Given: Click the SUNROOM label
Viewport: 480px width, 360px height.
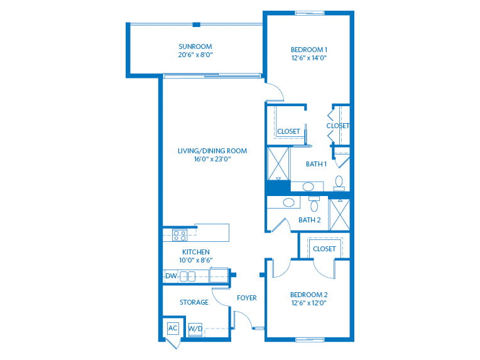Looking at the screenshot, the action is click(x=195, y=46).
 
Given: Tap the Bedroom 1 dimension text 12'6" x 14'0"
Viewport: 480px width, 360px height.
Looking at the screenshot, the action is click(x=309, y=58).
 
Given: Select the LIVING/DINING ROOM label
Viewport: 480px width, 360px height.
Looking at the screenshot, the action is click(x=212, y=151).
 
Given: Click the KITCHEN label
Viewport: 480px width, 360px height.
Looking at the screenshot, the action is click(x=196, y=252).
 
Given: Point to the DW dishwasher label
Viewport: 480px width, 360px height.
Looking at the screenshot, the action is click(x=171, y=276).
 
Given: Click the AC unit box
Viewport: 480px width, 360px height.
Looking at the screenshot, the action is click(x=173, y=329).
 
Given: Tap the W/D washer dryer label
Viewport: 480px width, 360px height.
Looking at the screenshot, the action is click(x=195, y=329).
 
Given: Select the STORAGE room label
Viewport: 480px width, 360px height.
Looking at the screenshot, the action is click(x=194, y=302).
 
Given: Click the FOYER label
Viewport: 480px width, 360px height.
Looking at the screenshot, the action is click(x=247, y=298).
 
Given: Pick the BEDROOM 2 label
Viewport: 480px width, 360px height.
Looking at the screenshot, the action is click(x=309, y=295).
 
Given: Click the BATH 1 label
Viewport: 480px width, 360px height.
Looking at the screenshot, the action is click(x=316, y=164).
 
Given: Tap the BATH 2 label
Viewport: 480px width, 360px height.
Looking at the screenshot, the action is click(x=310, y=220).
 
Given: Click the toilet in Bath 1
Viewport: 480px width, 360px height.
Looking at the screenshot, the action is click(x=339, y=183).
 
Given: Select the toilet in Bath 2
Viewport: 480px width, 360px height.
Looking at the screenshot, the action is click(x=314, y=204).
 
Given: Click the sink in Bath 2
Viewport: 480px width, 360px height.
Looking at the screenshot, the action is click(x=288, y=202).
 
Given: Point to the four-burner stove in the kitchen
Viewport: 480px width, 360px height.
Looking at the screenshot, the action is click(x=180, y=236).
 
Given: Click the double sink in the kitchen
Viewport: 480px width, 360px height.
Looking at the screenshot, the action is click(x=187, y=276).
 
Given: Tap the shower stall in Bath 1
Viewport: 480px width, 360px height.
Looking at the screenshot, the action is click(x=278, y=164).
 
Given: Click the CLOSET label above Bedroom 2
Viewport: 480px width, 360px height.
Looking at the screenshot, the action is click(x=324, y=249).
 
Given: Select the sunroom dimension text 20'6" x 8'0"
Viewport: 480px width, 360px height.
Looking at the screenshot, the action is click(x=195, y=55).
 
